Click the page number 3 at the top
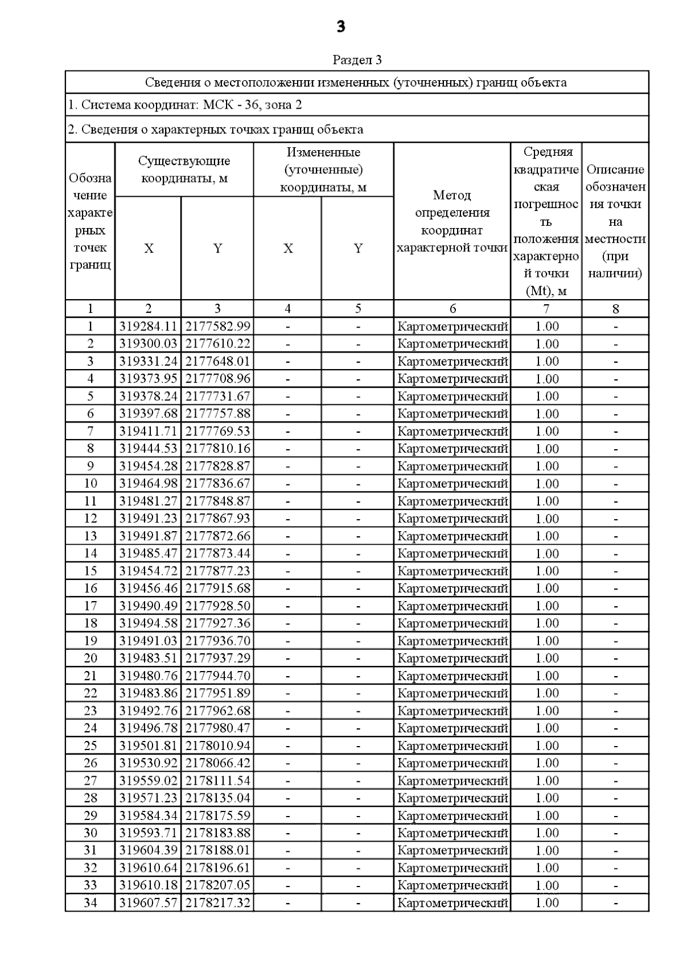tap(341, 26)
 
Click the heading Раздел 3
tap(357, 60)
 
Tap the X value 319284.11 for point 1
tap(148, 326)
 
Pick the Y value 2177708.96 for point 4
tap(217, 379)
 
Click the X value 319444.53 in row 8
tap(148, 449)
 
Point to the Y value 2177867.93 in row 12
tap(217, 519)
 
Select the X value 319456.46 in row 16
tap(148, 588)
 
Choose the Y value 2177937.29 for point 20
tap(217, 658)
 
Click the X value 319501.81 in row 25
tap(148, 746)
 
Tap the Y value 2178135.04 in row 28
tap(217, 798)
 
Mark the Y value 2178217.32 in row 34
tap(217, 902)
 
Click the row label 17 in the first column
tap(90, 606)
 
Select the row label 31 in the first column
tap(90, 850)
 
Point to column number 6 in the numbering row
tap(452, 309)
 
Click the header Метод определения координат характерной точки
tap(452, 221)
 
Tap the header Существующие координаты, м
tap(184, 169)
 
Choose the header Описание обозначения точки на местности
tap(615, 221)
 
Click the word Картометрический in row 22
tap(452, 693)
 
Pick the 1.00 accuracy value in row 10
tap(547, 484)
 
